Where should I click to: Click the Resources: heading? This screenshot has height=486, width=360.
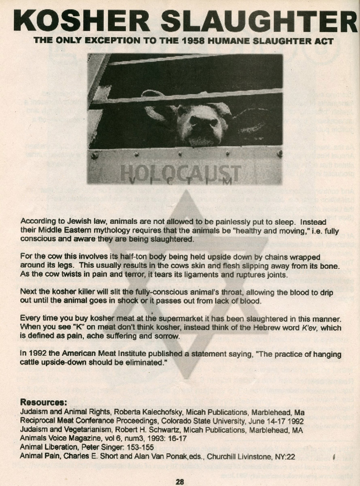[x=43, y=403]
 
